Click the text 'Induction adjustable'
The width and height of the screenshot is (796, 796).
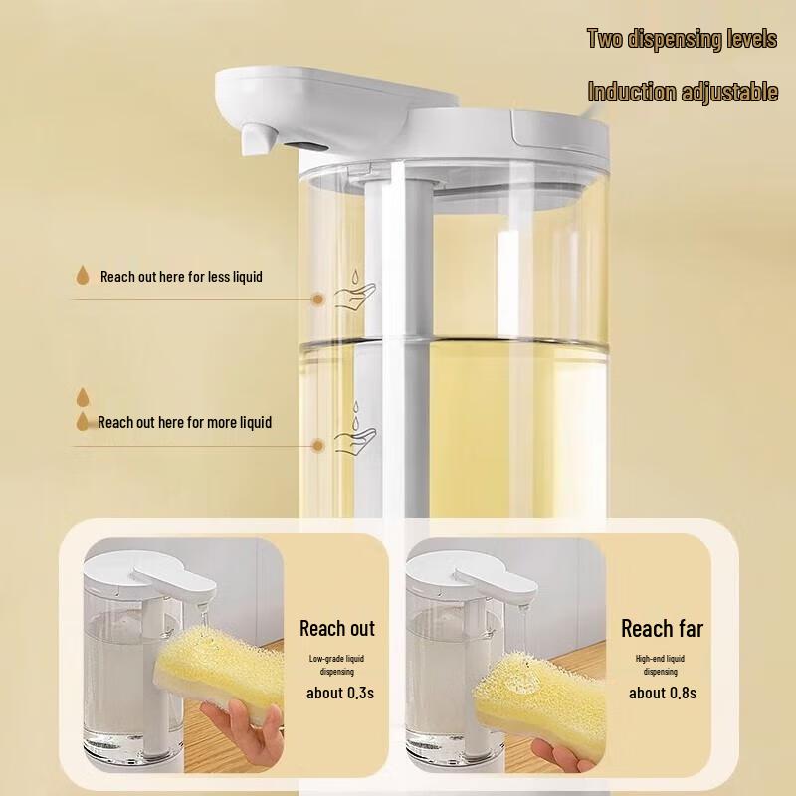[x=683, y=93]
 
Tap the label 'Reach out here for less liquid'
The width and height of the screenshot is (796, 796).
[x=181, y=276]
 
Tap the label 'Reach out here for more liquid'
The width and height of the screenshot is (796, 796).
[x=184, y=422]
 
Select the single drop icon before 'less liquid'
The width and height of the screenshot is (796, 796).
[x=83, y=275]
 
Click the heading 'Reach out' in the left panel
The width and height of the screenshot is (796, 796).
[x=337, y=628]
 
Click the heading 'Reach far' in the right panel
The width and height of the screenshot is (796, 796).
[x=662, y=628]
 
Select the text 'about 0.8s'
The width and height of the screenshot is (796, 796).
[x=662, y=693]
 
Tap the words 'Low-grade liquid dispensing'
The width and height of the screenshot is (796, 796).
[x=337, y=665]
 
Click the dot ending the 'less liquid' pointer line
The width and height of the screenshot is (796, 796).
[x=318, y=297]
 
